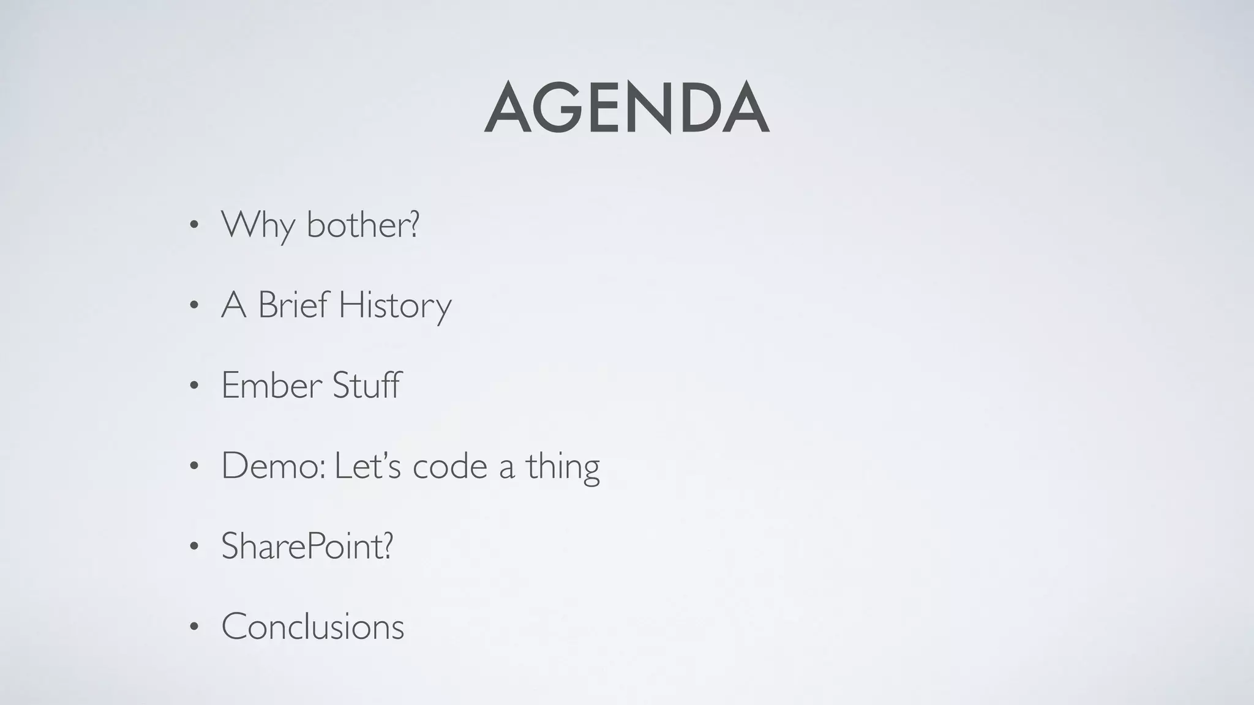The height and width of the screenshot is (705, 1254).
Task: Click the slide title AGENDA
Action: (626, 109)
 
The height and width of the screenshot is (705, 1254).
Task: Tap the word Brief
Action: (293, 304)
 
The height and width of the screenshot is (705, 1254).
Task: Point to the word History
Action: (395, 305)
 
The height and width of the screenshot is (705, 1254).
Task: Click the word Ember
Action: (271, 385)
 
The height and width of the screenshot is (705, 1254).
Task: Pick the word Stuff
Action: (367, 385)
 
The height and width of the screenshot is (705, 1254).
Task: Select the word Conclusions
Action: (312, 626)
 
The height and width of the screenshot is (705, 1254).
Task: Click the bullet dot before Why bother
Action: (193, 225)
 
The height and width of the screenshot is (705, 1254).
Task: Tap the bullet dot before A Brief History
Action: (193, 305)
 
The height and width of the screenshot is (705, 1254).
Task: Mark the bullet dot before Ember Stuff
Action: (193, 386)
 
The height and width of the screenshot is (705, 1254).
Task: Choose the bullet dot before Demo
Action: (193, 466)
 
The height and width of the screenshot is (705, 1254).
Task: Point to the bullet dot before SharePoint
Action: (193, 546)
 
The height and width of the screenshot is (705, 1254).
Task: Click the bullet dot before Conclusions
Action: (193, 627)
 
